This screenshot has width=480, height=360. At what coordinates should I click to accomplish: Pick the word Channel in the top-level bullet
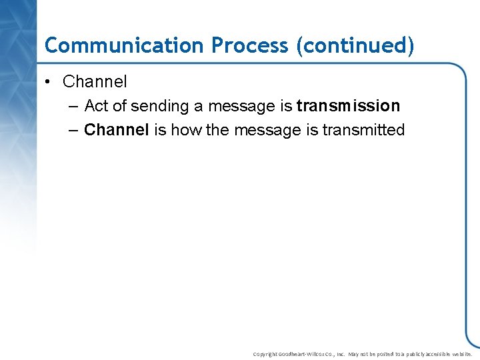[95, 82]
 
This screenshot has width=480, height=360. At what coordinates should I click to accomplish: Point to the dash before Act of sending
[73, 106]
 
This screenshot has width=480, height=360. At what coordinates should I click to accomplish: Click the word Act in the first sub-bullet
[97, 106]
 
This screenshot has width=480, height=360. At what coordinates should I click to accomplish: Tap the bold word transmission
[348, 106]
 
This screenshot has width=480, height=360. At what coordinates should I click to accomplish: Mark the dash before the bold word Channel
[73, 130]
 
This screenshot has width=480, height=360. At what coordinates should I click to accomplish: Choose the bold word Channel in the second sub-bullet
[117, 130]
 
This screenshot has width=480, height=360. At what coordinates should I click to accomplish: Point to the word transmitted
[363, 130]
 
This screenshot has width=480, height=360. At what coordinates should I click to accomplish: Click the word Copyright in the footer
[265, 354]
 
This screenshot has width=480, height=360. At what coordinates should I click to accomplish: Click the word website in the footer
[461, 354]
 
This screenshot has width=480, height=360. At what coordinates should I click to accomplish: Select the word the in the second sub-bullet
[217, 130]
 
